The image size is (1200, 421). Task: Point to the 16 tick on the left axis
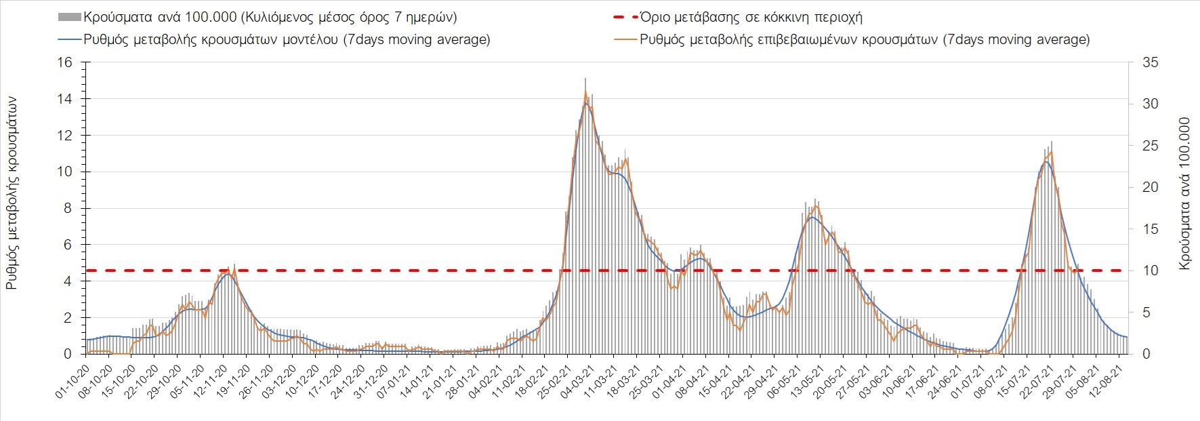click(x=64, y=62)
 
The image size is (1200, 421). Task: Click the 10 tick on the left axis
click(x=64, y=172)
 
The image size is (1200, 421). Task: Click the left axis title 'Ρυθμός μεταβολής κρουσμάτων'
click(x=12, y=193)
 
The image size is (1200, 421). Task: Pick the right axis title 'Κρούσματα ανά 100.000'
click(x=1184, y=193)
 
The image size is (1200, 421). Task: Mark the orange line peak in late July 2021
click(x=1051, y=152)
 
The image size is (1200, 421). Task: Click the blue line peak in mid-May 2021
click(x=812, y=217)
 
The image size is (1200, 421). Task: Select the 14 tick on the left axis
click(x=64, y=99)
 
